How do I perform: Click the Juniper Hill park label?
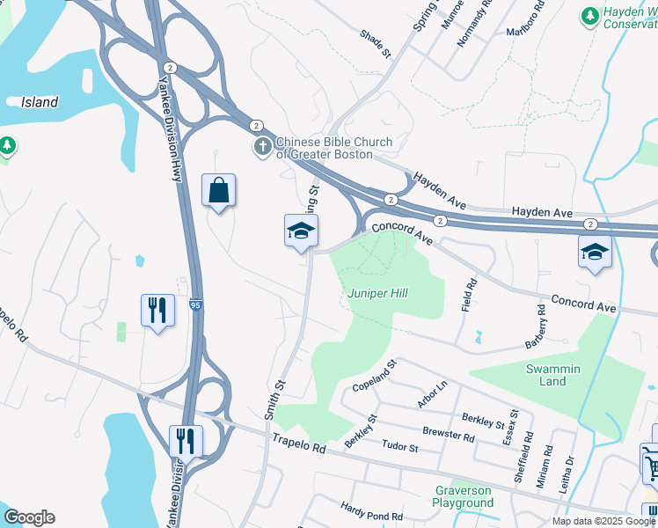pyautogui.click(x=377, y=293)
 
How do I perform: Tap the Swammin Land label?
pyautogui.click(x=552, y=375)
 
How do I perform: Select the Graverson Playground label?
pyautogui.click(x=463, y=496)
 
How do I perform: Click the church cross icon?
pyautogui.click(x=262, y=147)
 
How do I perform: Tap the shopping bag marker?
pyautogui.click(x=218, y=190)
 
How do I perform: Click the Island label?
pyautogui.click(x=40, y=102)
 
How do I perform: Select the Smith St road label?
pyautogui.click(x=274, y=398)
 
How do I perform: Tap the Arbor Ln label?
pyautogui.click(x=433, y=395)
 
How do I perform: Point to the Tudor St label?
pyautogui.click(x=399, y=448)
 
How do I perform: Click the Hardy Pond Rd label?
pyautogui.click(x=372, y=510)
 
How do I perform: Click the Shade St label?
pyautogui.click(x=375, y=44)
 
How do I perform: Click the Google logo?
pyautogui.click(x=29, y=517)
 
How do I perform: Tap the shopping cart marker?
pyautogui.click(x=651, y=463)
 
